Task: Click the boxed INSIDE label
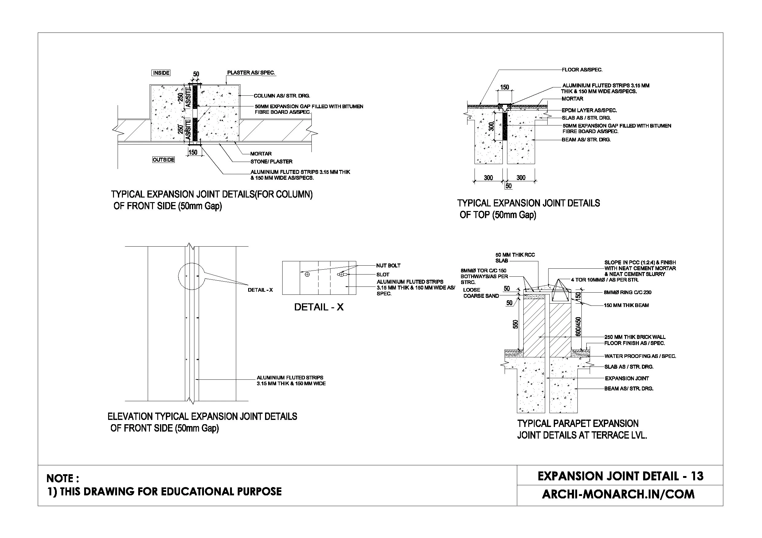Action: [x=161, y=73]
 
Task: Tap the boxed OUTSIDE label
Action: [x=164, y=160]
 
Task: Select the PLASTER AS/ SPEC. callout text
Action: [x=251, y=73]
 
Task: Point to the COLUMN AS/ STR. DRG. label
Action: [x=282, y=96]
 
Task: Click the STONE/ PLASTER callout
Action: [x=272, y=162]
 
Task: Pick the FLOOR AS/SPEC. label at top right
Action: [x=582, y=70]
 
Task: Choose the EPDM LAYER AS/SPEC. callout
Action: [x=589, y=110]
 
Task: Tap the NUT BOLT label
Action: [x=388, y=266]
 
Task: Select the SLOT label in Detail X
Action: [x=383, y=275]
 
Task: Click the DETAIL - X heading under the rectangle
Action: [x=318, y=307]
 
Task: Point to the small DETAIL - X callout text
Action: [x=260, y=290]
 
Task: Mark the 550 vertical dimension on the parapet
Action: [x=515, y=324]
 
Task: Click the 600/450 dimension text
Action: [x=578, y=327]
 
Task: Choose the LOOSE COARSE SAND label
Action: [x=481, y=293]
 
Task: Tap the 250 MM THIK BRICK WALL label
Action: [x=635, y=337]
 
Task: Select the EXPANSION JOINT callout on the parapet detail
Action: [x=627, y=379]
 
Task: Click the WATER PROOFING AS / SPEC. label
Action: [x=640, y=356]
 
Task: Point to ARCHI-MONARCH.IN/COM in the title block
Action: [x=618, y=494]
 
